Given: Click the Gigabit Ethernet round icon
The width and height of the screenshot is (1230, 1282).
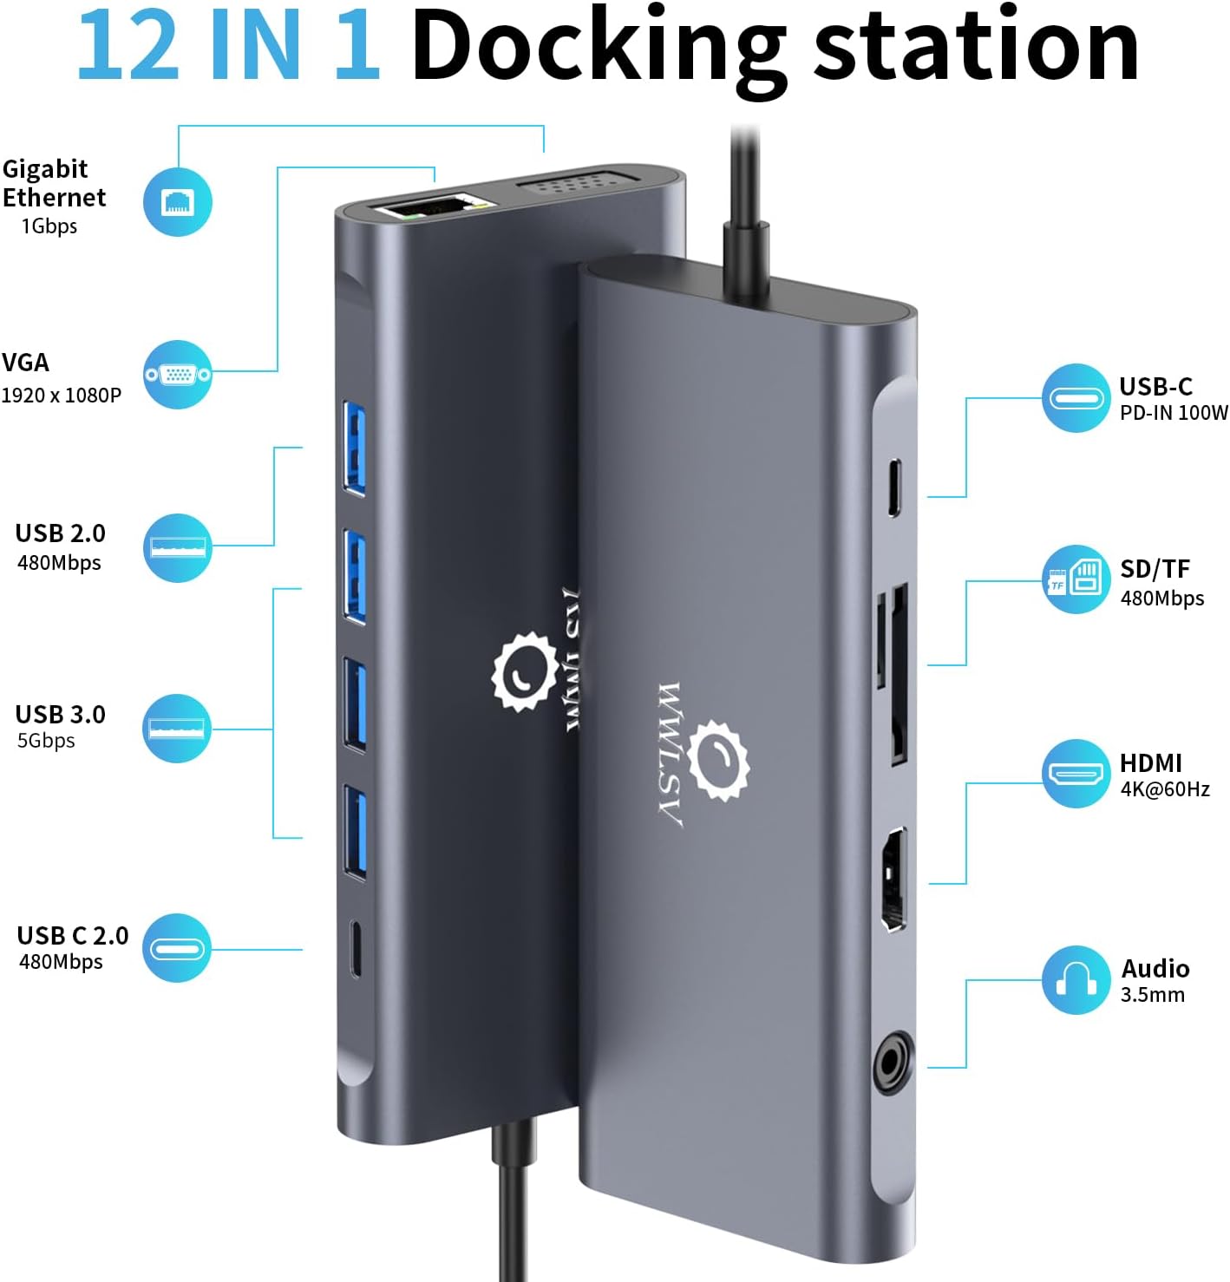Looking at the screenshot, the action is (x=178, y=201).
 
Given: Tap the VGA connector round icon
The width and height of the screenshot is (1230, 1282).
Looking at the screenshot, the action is (x=178, y=374).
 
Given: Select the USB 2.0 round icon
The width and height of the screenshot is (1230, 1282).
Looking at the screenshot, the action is (x=178, y=547).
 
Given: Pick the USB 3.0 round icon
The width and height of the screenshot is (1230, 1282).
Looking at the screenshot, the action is (x=177, y=728).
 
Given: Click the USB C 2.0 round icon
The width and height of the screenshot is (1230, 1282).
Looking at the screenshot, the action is (x=177, y=948).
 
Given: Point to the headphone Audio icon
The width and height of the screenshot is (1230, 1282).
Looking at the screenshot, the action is (x=1076, y=979).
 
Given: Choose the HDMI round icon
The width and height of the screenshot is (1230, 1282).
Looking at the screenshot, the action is (x=1076, y=774).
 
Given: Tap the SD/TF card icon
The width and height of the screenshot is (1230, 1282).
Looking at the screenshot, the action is (x=1076, y=579).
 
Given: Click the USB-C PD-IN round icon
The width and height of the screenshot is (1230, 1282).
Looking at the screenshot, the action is (x=1076, y=398).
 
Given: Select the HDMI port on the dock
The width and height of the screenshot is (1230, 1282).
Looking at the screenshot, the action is (x=893, y=879).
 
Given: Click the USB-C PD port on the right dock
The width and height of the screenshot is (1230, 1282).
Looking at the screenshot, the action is (x=893, y=487).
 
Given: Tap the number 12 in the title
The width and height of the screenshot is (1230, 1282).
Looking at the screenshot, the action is (x=128, y=46).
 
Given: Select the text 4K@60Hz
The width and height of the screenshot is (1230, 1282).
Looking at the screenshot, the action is (x=1165, y=789).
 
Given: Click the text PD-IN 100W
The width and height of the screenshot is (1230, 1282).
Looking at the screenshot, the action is (x=1174, y=413).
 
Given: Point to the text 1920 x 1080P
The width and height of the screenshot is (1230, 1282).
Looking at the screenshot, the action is (x=62, y=396).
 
